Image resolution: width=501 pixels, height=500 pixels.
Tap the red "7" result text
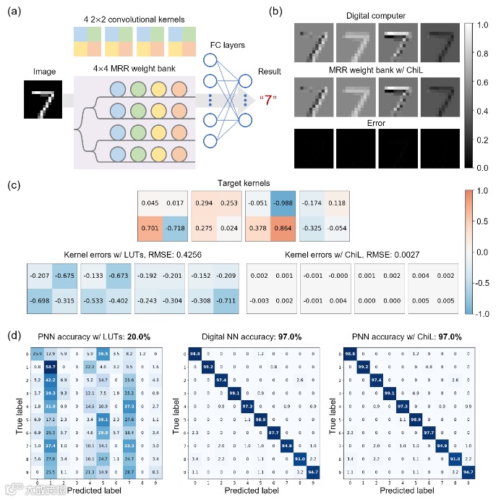pos(268,99)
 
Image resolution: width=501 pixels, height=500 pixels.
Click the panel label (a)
pos(13,12)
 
